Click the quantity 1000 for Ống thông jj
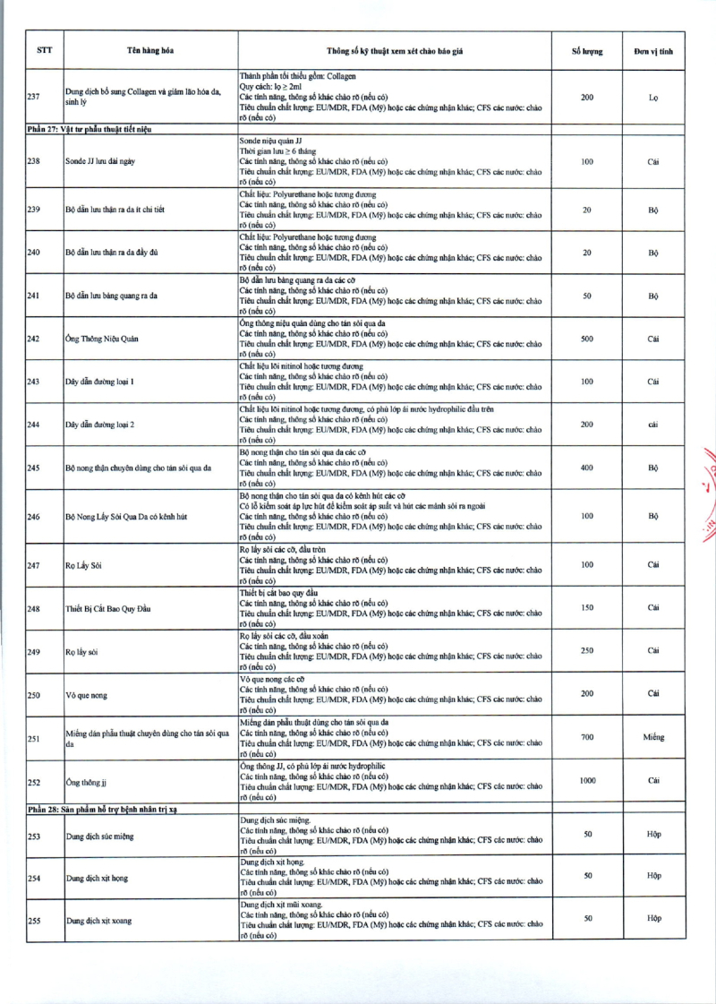(587, 781)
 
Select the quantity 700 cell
(587, 737)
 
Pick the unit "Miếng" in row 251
(653, 737)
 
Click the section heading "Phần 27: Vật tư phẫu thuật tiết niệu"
(89, 130)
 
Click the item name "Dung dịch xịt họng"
(97, 878)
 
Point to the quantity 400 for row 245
(587, 468)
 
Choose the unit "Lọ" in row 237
(653, 97)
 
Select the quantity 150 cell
(587, 607)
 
